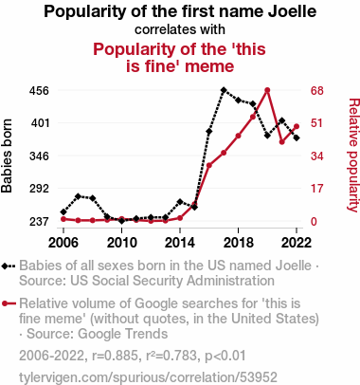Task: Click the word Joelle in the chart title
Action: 292,11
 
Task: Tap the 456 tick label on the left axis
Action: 39,91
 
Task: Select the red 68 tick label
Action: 316,91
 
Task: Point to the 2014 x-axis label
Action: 180,243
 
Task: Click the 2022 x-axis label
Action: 297,243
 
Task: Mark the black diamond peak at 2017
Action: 224,90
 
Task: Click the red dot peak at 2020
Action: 267,90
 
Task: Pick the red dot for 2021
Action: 281,142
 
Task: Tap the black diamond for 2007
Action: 78,196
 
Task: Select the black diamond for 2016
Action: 209,132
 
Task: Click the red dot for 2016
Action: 209,165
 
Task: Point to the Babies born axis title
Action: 7,156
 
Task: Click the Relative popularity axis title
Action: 353,156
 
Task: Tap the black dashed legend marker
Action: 9,266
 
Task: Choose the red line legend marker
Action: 9,303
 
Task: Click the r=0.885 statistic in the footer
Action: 116,356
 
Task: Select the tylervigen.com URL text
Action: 148,377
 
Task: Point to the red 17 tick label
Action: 316,189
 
